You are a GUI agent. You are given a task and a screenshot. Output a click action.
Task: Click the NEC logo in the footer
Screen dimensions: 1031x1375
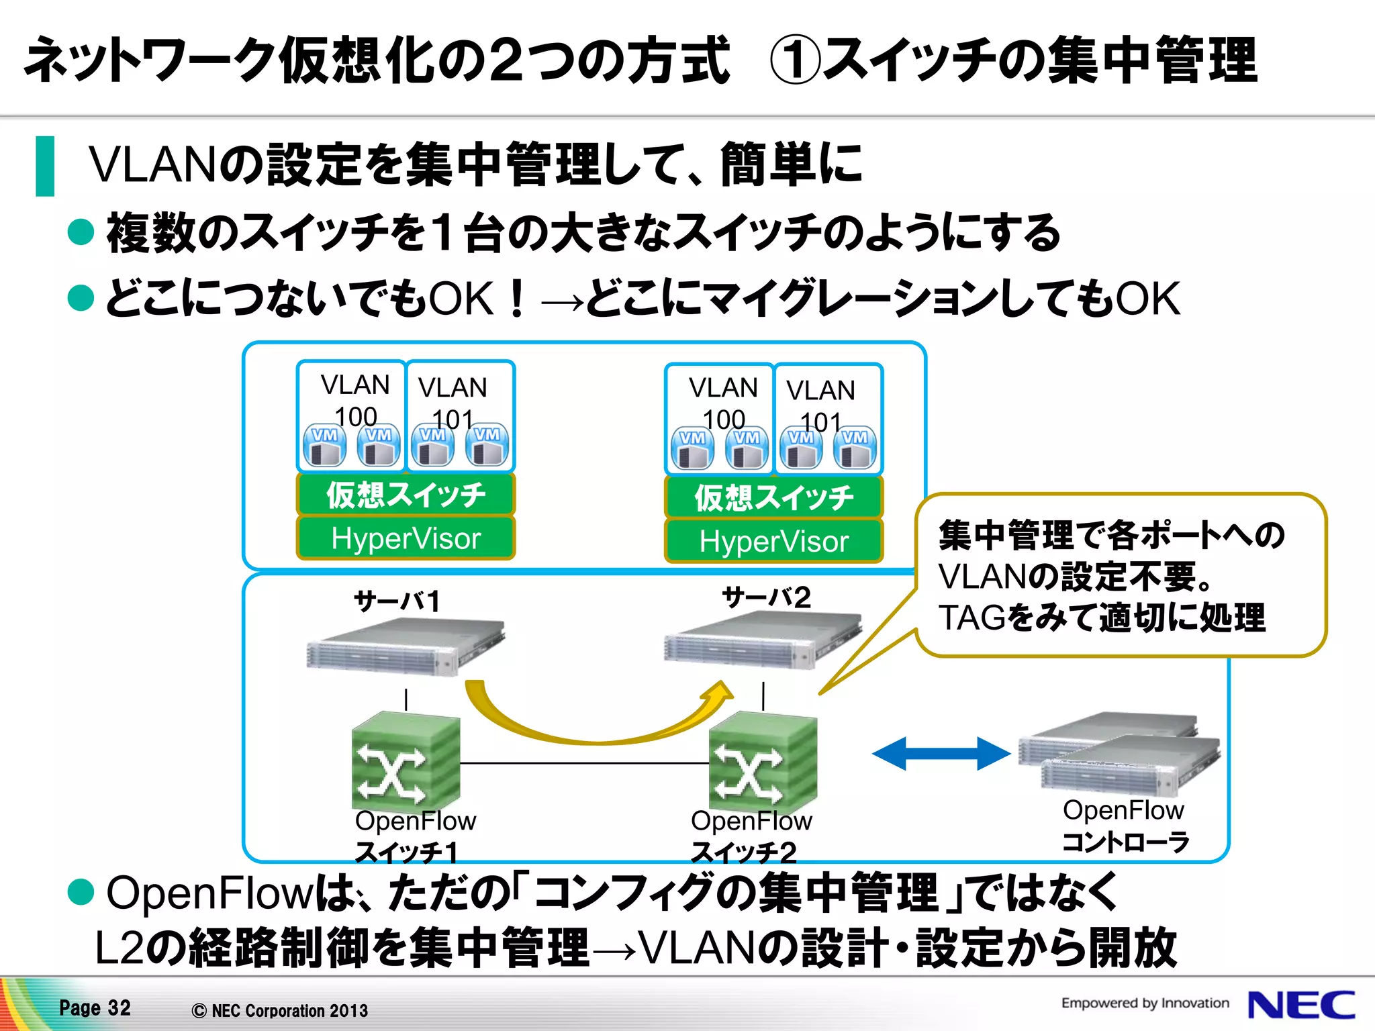point(1301,1005)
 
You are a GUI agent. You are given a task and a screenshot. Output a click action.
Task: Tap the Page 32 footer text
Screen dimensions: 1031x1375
point(95,1008)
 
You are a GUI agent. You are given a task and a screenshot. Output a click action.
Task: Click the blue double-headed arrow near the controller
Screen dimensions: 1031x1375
point(941,753)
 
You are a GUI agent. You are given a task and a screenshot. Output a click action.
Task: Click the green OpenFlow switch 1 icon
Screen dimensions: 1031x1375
point(406,762)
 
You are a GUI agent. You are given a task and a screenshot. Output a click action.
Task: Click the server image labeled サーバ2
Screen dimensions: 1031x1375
point(762,641)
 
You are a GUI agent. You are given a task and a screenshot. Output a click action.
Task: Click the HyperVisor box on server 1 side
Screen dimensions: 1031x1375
point(406,538)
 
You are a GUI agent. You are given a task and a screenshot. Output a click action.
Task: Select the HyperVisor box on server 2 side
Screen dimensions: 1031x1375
point(773,541)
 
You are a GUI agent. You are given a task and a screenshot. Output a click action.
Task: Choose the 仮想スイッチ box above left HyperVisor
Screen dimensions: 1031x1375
point(406,495)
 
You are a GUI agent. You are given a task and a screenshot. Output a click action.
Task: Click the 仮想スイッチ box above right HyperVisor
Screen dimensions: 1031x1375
point(773,497)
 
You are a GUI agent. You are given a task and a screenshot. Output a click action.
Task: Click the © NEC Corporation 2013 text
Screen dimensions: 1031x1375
point(279,1010)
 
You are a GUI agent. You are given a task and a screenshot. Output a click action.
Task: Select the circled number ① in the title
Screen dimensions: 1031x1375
point(794,60)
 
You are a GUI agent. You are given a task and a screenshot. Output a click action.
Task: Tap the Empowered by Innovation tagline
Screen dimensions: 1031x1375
point(1145,1003)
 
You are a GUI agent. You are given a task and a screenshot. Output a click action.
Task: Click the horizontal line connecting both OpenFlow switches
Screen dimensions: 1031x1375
point(584,763)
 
